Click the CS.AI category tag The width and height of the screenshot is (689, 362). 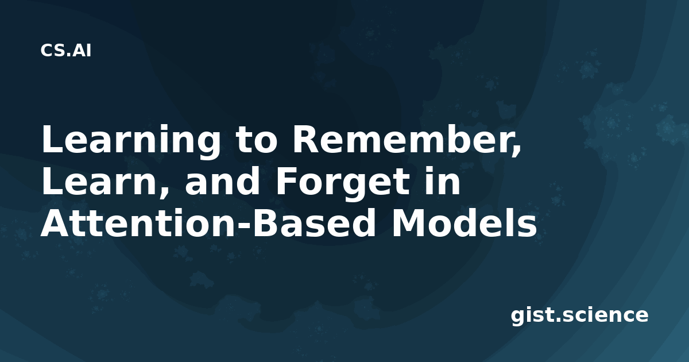(x=66, y=51)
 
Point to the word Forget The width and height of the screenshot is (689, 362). (x=343, y=184)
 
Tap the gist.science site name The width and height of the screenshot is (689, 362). (x=579, y=315)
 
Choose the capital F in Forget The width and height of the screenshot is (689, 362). (x=287, y=182)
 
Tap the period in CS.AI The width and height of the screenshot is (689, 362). (x=68, y=55)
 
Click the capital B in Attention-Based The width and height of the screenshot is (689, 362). (x=266, y=223)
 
